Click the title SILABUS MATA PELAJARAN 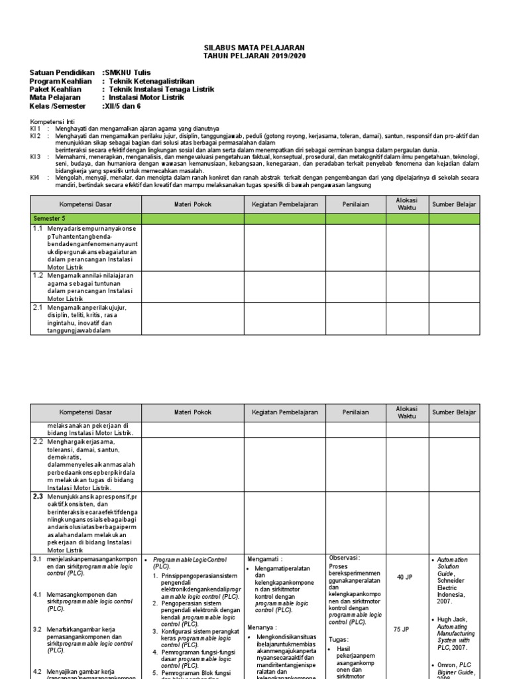point(254,49)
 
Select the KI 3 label point(36,156)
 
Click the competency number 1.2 point(38,275)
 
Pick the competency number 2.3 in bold point(38,496)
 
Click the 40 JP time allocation point(404,578)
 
